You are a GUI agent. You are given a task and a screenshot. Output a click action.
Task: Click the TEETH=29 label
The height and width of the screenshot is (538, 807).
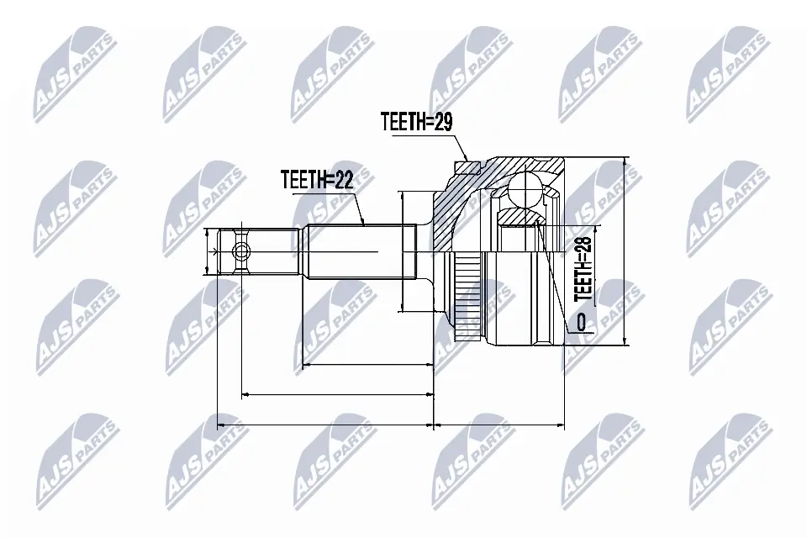tap(416, 123)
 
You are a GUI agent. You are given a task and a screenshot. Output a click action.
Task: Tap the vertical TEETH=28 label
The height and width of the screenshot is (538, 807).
tap(583, 268)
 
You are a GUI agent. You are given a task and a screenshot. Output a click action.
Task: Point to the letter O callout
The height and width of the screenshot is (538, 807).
tap(581, 320)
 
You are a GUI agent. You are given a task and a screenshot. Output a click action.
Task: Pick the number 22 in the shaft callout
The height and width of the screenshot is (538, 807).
tap(342, 178)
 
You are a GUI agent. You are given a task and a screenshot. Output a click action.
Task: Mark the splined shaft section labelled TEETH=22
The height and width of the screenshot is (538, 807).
tap(361, 252)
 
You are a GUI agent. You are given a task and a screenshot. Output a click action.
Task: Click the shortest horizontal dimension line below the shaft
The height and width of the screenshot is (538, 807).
tap(367, 366)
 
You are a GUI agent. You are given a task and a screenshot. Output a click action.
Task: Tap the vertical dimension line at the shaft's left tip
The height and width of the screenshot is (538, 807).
tap(207, 251)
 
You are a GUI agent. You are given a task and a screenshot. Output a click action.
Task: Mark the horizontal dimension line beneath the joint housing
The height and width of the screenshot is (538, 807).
tap(499, 425)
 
